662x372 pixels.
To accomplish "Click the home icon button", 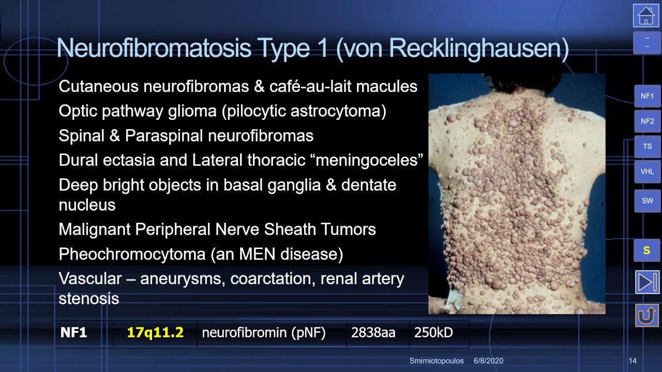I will [x=646, y=16].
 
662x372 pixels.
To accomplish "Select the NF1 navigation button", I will [x=647, y=96].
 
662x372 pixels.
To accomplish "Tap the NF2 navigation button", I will [x=647, y=121].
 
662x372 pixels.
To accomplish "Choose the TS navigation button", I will [x=647, y=146].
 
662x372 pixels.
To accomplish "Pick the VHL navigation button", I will [x=647, y=172].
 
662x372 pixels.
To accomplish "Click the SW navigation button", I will [x=647, y=201].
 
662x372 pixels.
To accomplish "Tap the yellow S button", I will [x=646, y=251].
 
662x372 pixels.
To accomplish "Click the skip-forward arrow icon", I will [x=647, y=282].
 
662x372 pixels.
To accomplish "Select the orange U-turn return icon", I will [x=647, y=315].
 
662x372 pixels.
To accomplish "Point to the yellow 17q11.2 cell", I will [x=155, y=333].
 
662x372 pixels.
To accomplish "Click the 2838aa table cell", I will [x=373, y=333].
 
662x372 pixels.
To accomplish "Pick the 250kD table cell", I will [x=433, y=333].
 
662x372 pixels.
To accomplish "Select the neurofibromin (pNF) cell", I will [x=264, y=333].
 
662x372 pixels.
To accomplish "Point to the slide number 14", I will [x=633, y=361].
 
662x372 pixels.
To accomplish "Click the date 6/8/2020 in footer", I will [x=488, y=361].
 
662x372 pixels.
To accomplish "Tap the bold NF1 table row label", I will [x=74, y=333].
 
